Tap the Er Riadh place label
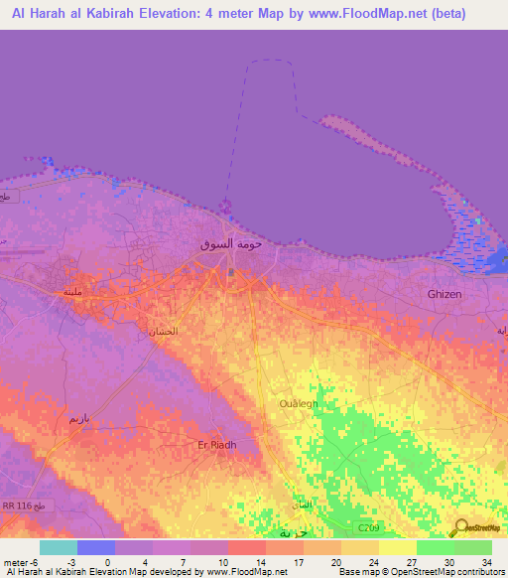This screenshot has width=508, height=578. [x=217, y=445]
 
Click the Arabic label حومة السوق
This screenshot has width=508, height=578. [x=229, y=243]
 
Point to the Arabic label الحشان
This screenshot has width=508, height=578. [x=165, y=332]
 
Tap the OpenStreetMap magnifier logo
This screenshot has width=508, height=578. [x=460, y=526]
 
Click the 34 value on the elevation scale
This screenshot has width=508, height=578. [x=486, y=562]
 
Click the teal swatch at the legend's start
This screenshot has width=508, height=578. [x=58, y=547]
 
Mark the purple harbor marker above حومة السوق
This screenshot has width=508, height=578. [x=226, y=207]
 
